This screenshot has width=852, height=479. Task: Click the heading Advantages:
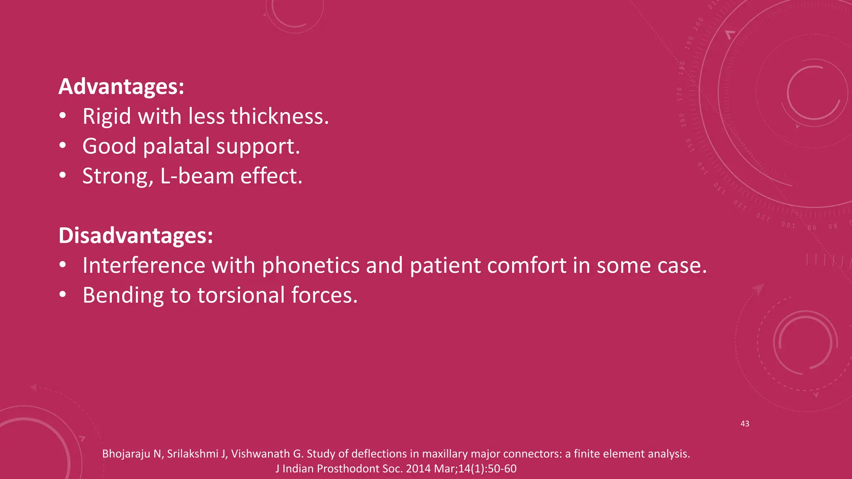(121, 86)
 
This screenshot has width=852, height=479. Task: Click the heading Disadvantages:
(136, 235)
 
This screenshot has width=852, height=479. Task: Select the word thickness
(280, 116)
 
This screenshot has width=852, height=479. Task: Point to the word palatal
(176, 146)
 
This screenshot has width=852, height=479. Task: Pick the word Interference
(144, 265)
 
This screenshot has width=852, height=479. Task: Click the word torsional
(241, 295)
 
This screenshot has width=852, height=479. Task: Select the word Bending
(123, 295)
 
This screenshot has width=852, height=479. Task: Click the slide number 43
(745, 424)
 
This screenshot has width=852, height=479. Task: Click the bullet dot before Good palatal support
(62, 146)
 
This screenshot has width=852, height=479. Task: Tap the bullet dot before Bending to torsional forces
(62, 294)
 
